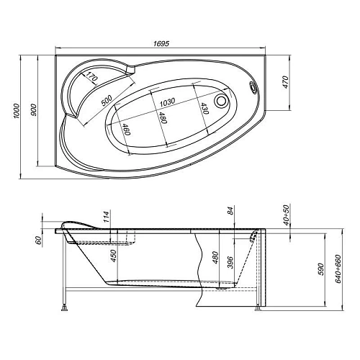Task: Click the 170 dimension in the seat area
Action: click(x=91, y=77)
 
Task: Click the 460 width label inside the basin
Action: click(x=127, y=130)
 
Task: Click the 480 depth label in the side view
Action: click(x=214, y=258)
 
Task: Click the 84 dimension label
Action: click(x=230, y=211)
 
